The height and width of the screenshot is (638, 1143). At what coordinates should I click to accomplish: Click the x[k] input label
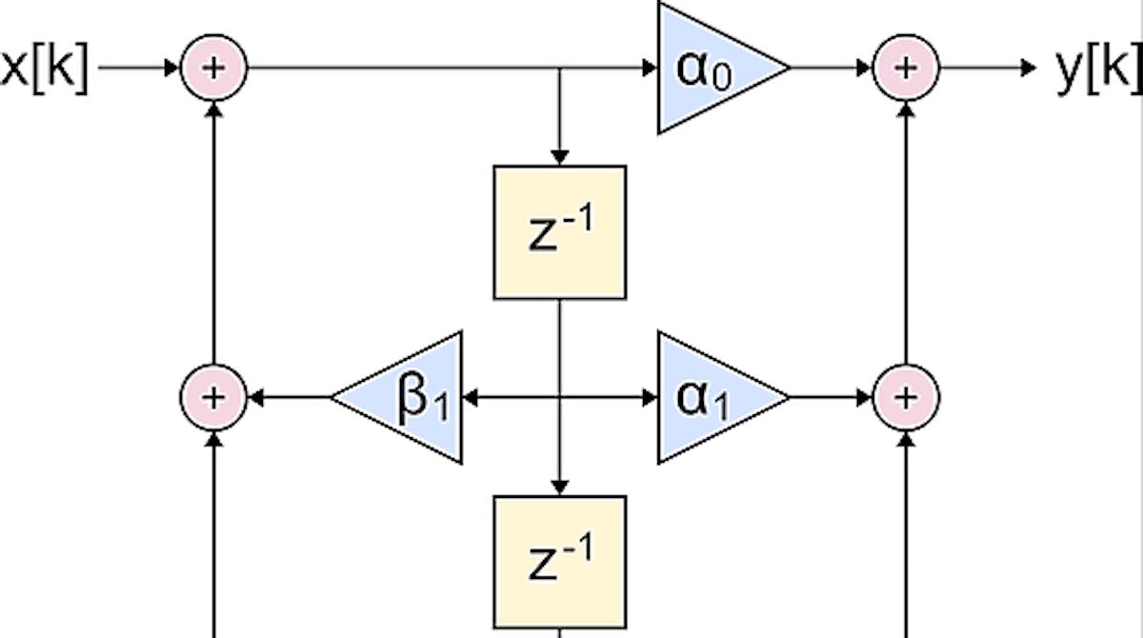[44, 69]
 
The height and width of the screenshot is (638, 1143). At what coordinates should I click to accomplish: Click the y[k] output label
[1098, 69]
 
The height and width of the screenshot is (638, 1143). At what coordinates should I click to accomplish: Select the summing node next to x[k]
[214, 69]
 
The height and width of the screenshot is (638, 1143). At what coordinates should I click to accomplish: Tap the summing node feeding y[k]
[906, 69]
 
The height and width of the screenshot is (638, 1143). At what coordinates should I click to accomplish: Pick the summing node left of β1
[214, 397]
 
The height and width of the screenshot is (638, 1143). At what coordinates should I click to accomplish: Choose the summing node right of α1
[906, 397]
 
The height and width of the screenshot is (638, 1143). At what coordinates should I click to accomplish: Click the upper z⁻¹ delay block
[560, 232]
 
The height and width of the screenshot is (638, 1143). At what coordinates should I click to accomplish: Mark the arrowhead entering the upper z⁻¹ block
[560, 156]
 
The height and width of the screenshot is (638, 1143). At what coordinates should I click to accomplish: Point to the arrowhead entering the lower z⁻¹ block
[560, 486]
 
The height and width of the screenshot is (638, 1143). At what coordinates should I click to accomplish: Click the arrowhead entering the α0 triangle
[651, 69]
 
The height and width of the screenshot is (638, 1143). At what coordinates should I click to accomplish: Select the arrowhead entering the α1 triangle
[651, 397]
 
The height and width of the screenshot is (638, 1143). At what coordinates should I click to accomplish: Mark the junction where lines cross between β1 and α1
[560, 397]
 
